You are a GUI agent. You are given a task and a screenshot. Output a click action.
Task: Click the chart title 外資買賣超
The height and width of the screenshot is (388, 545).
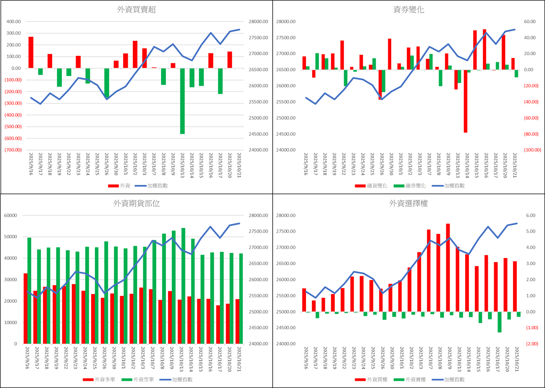coord(136,10)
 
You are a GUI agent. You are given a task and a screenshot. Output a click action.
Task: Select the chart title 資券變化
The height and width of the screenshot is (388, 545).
coord(409,10)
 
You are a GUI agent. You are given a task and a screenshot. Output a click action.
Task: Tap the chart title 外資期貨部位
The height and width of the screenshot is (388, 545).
coord(136,204)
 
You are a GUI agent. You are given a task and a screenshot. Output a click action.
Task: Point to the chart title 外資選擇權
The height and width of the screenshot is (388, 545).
coord(409,204)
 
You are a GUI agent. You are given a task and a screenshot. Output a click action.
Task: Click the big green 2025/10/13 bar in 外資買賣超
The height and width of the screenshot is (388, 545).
coord(182,101)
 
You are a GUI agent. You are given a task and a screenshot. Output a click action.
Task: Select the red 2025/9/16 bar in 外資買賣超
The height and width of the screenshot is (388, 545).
coord(31,52)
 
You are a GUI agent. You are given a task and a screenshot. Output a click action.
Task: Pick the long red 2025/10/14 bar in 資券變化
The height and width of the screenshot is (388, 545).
coord(465,101)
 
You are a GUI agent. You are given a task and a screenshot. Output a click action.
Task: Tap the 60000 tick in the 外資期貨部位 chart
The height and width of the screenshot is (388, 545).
coord(11,215)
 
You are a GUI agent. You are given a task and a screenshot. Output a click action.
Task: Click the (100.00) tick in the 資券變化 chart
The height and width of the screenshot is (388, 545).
coord(532,150)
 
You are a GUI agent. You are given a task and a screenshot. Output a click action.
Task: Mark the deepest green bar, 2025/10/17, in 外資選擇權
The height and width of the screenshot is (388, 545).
coord(499,322)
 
